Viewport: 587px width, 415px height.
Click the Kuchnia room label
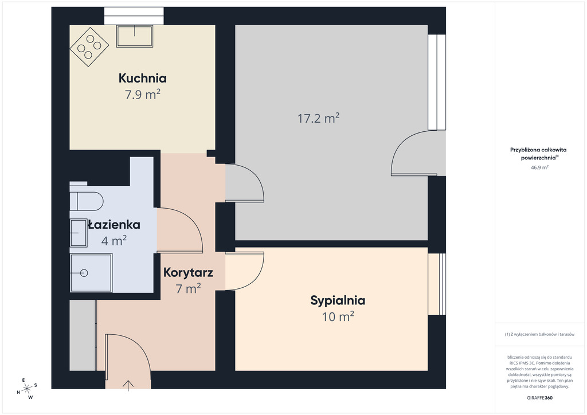pos(142,78)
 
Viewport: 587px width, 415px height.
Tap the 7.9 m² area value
pos(142,95)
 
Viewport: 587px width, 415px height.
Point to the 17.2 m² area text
pos(318,118)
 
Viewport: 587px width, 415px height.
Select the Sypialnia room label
pos(338,300)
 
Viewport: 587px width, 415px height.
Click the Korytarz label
pos(188,272)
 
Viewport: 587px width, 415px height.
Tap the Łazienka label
pos(114,225)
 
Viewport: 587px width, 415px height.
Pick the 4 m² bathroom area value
pos(114,241)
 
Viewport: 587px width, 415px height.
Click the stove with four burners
pos(89,47)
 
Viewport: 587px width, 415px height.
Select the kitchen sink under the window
pos(135,36)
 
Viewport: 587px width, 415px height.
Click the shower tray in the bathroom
pos(91,273)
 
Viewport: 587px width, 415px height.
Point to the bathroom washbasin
pos(79,233)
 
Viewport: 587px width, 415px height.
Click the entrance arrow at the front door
pos(128,385)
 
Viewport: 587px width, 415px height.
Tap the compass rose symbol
pos(27,389)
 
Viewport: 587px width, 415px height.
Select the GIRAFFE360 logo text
pos(539,398)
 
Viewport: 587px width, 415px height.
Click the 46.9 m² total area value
pos(539,167)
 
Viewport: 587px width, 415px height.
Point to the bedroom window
pos(437,284)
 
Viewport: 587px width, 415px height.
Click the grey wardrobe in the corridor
pos(83,335)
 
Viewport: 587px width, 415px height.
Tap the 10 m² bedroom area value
pos(338,316)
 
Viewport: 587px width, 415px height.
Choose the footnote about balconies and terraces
pos(539,334)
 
